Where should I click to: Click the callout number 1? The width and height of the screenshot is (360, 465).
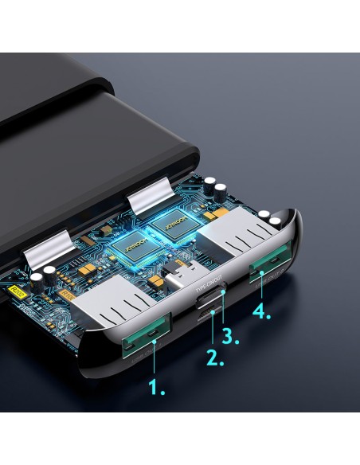click(x=157, y=389)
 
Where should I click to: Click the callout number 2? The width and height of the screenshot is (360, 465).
click(x=215, y=356)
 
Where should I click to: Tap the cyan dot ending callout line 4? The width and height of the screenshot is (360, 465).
click(x=260, y=275)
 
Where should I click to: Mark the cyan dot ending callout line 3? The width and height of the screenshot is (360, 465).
click(x=223, y=294)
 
